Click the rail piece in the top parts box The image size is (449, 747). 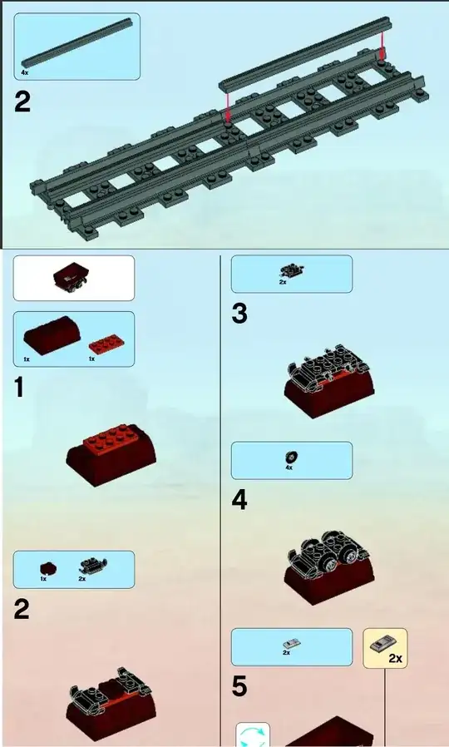point(76,42)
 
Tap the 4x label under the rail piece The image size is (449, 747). point(25,73)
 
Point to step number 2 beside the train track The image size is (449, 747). point(22,102)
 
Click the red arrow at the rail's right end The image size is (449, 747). point(382,47)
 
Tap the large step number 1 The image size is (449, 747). point(18,386)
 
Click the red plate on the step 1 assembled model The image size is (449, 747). point(111,437)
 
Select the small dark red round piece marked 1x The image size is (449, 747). point(47,568)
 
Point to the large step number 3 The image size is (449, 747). point(239,314)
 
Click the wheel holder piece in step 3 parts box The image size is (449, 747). point(291,272)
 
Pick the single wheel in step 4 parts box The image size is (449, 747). point(290,458)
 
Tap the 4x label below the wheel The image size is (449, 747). point(289,467)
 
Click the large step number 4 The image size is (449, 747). point(239,501)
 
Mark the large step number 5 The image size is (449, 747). point(239,687)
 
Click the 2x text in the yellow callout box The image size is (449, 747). point(395,658)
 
